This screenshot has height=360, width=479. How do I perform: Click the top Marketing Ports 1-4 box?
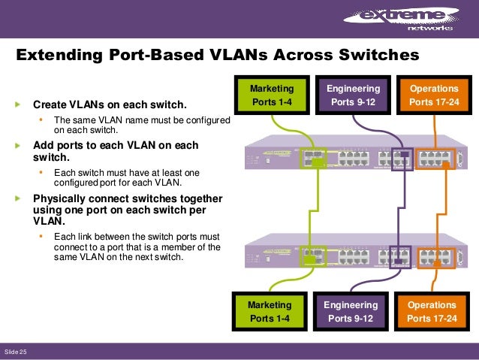(x=271, y=95)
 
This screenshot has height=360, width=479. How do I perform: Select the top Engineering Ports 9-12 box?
(x=353, y=95)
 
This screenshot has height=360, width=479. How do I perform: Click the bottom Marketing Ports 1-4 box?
(x=271, y=312)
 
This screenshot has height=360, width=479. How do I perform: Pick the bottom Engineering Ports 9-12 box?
(x=353, y=312)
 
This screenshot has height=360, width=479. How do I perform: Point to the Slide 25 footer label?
(x=16, y=352)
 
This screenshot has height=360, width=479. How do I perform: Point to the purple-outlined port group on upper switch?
(x=401, y=159)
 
